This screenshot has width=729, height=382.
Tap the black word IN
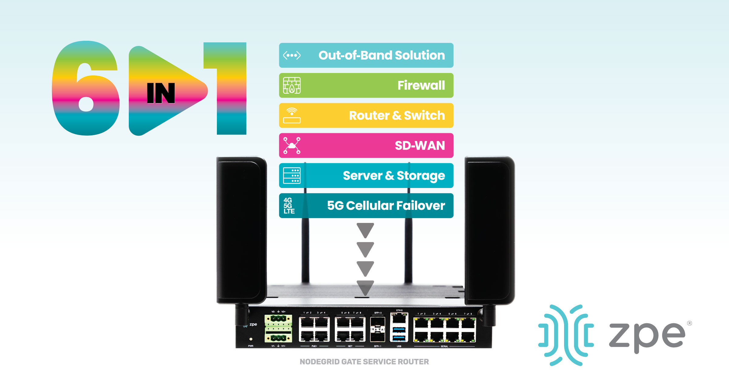point(161,93)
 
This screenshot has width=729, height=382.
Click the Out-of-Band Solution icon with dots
point(292,55)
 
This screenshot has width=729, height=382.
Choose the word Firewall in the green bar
point(421,85)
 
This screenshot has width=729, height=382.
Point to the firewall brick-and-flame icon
point(292,85)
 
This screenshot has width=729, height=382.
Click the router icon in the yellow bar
point(292,116)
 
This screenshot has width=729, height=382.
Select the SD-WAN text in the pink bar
point(420,146)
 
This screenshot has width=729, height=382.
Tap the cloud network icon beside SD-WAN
point(292,145)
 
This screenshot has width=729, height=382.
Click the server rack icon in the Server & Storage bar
point(292,175)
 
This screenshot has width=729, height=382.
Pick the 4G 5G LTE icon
point(289,206)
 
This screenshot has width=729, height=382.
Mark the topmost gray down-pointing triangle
point(365,230)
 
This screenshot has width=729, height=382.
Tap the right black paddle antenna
point(489,231)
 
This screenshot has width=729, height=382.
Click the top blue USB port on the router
point(399,330)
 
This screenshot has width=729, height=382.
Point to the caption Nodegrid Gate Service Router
point(364,362)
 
